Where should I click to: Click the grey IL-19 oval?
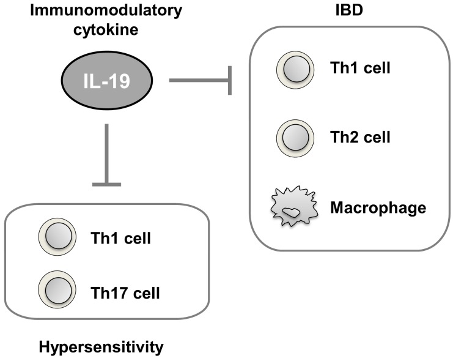pos(106,80)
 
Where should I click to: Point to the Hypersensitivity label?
pos(101,348)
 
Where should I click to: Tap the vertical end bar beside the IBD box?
pos(230,80)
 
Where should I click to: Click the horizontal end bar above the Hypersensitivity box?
pos(107,182)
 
